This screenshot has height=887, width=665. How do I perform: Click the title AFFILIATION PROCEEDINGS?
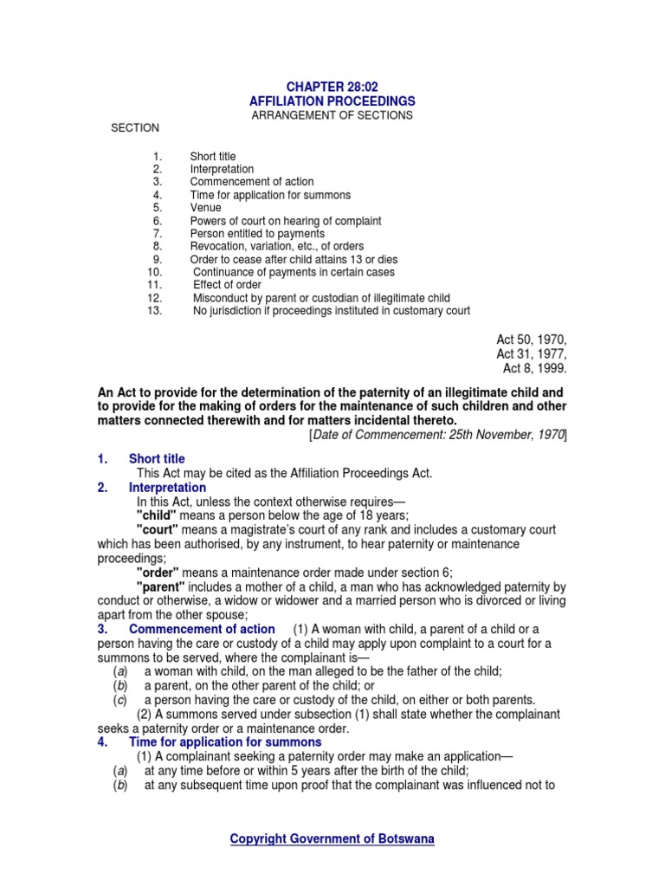coord(332,100)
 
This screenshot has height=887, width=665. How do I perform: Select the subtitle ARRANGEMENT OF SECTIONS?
coord(332,115)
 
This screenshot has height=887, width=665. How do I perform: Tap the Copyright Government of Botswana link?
coord(332,838)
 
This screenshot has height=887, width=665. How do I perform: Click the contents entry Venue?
coord(205,208)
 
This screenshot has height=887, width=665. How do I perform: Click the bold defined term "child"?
coord(158,515)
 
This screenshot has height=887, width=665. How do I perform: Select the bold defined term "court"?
coord(159,529)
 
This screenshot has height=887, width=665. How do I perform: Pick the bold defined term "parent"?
coord(162,586)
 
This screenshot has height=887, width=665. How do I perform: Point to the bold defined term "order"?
coord(158,572)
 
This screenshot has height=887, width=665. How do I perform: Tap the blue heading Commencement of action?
coord(202,629)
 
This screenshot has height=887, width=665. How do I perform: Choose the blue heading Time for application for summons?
coord(225,742)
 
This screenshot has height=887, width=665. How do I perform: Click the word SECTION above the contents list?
coord(135,128)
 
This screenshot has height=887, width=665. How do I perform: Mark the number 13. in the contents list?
coord(155,310)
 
